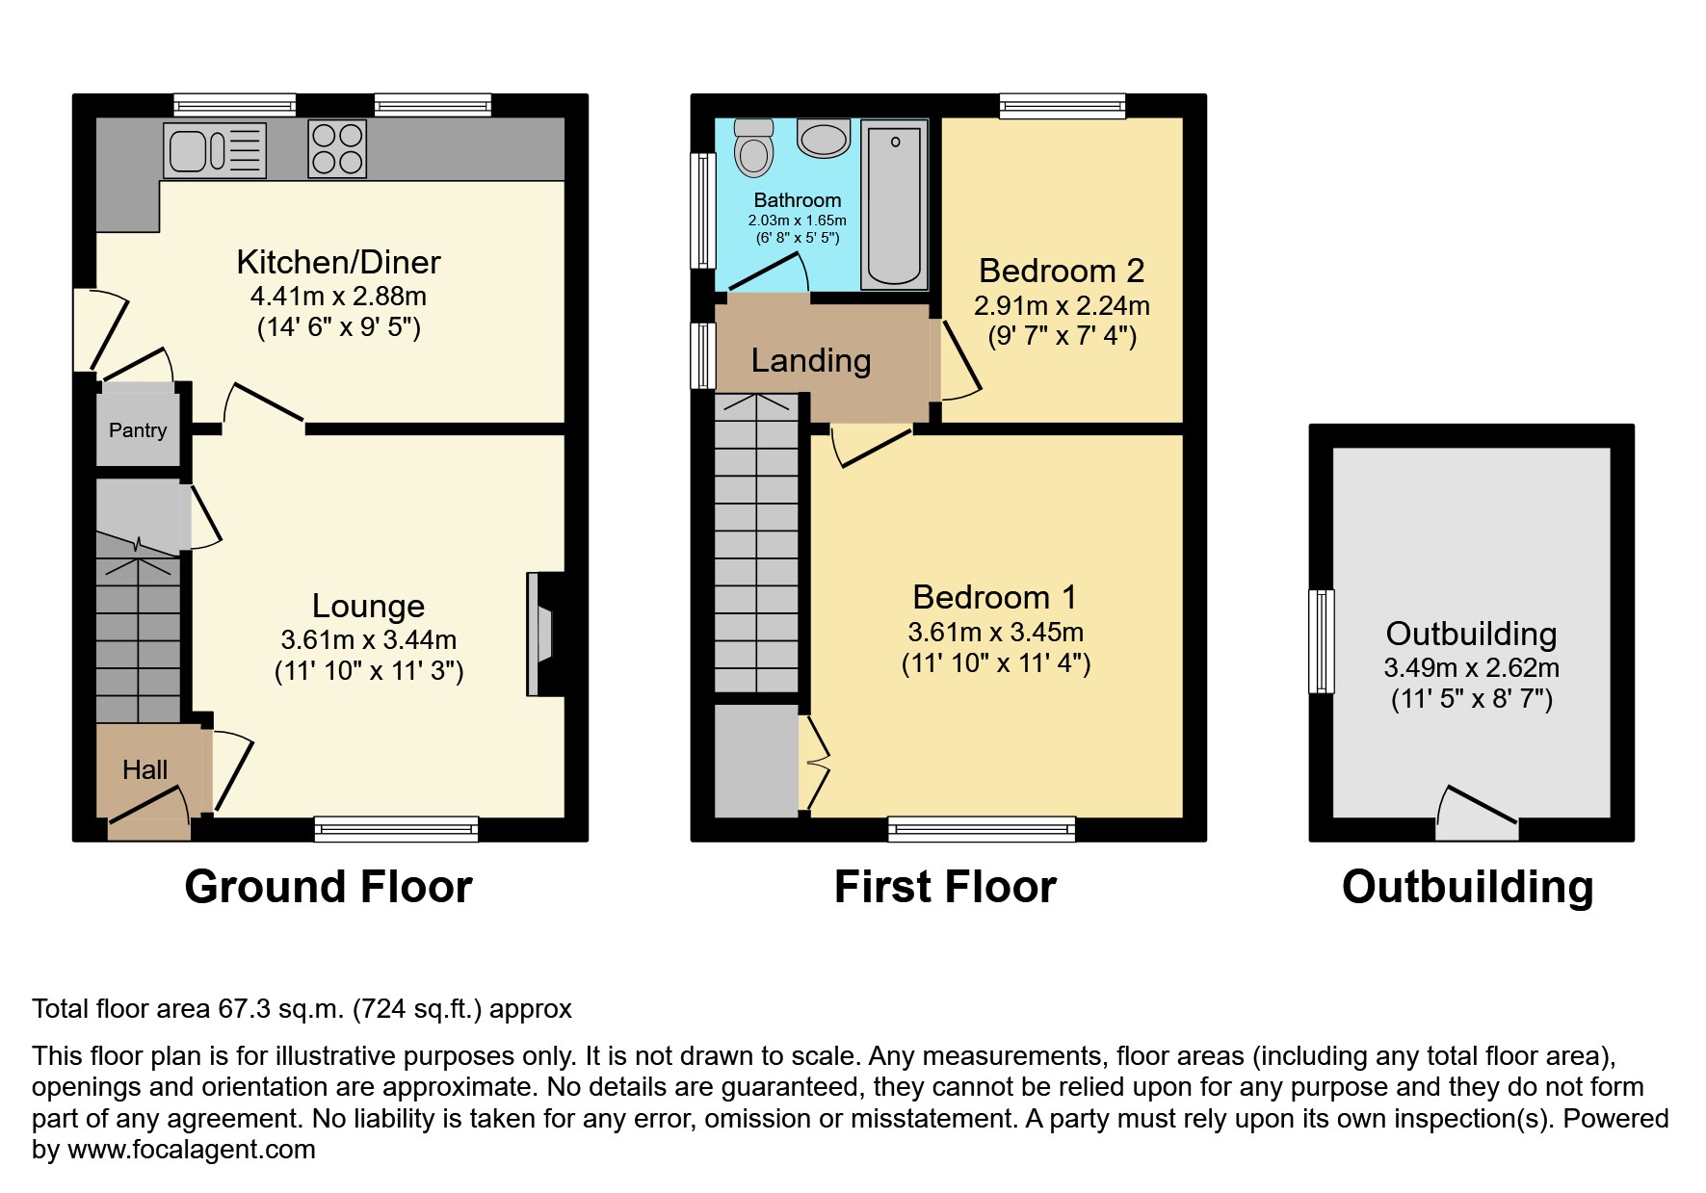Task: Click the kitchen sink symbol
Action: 214,150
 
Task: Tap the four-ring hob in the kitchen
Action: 337,149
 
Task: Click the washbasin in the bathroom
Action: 824,140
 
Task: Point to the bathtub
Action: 894,204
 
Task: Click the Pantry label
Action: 138,430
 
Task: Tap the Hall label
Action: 144,769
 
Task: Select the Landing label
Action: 811,360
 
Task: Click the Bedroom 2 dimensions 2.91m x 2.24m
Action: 1062,306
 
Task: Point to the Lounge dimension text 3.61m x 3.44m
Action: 369,639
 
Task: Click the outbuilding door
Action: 1477,814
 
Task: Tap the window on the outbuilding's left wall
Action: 1322,640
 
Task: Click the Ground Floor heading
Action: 328,887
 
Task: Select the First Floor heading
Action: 945,887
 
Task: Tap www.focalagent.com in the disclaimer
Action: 187,1150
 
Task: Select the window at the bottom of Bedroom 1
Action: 981,828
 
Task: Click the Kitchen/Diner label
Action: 339,262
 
